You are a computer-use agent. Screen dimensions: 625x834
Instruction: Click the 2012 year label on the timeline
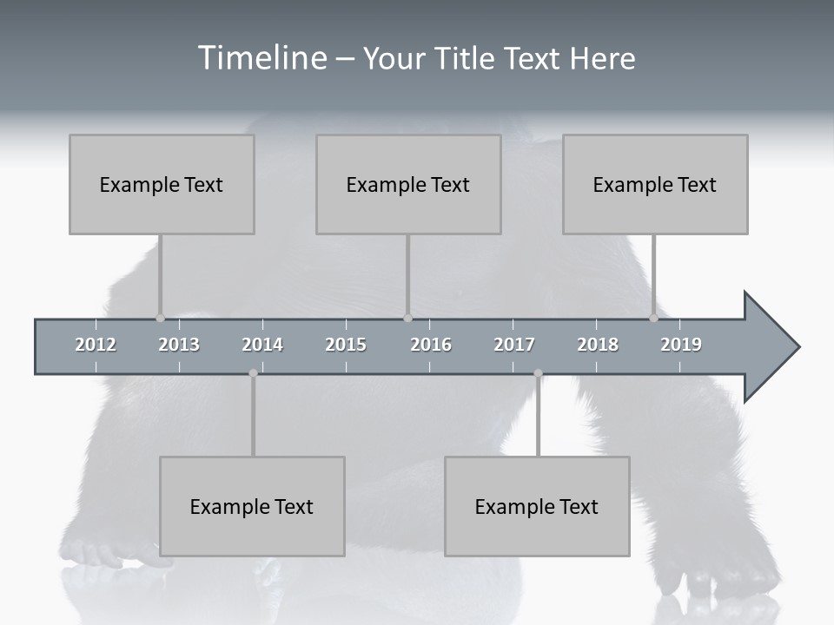coord(96,345)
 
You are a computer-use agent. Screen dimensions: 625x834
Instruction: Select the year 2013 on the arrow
coord(179,345)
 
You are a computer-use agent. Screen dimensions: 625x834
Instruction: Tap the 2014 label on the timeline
coord(262,345)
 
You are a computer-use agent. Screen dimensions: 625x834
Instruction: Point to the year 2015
coord(346,345)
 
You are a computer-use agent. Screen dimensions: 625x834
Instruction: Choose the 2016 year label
coord(431,345)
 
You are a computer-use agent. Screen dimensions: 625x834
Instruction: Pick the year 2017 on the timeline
coord(514,345)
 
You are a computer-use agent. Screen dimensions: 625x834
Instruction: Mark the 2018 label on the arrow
coord(598,345)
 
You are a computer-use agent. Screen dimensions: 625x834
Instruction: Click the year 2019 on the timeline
coord(681,345)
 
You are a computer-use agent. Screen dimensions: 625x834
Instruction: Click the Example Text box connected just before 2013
coord(162,184)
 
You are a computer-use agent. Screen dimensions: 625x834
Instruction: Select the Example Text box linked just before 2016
coord(408,184)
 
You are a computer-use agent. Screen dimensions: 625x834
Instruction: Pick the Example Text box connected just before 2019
coord(655,184)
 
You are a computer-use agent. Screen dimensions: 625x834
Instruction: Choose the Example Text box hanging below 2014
coord(252,506)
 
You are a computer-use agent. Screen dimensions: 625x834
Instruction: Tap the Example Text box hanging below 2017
coord(537,506)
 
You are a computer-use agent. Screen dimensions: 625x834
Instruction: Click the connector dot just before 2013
coord(160,318)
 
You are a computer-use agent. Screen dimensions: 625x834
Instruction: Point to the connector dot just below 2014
coord(253,373)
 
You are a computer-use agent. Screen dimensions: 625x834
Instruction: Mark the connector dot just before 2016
coord(407,318)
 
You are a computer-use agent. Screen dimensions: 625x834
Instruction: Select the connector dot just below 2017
coord(538,373)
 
